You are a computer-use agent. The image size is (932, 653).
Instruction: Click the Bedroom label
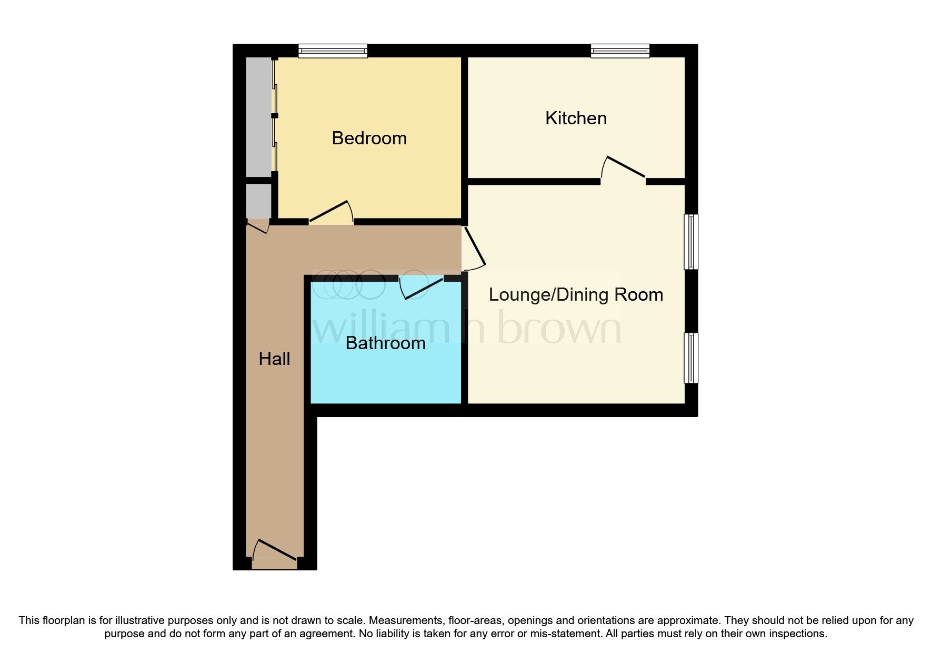[x=369, y=138]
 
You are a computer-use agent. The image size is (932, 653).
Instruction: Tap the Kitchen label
[x=576, y=118]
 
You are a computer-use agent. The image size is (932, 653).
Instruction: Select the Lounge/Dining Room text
[x=576, y=294]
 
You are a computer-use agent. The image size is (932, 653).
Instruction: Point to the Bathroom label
[x=385, y=343]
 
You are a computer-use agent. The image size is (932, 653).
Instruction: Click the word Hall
[x=274, y=359]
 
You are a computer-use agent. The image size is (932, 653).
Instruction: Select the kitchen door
[x=625, y=167]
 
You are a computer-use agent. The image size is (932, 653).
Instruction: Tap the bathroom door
[x=423, y=288]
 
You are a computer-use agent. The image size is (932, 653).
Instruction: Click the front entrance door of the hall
[x=275, y=551]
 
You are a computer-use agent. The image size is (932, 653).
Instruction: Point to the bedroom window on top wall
[x=333, y=51]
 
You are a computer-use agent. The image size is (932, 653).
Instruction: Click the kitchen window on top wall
[x=620, y=51]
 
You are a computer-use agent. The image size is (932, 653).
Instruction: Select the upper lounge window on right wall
[x=691, y=242]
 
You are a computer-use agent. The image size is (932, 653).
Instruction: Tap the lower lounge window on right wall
[x=691, y=358]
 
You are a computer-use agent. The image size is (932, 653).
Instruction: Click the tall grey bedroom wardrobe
[x=259, y=117]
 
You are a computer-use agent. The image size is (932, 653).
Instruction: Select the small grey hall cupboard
[x=258, y=201]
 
